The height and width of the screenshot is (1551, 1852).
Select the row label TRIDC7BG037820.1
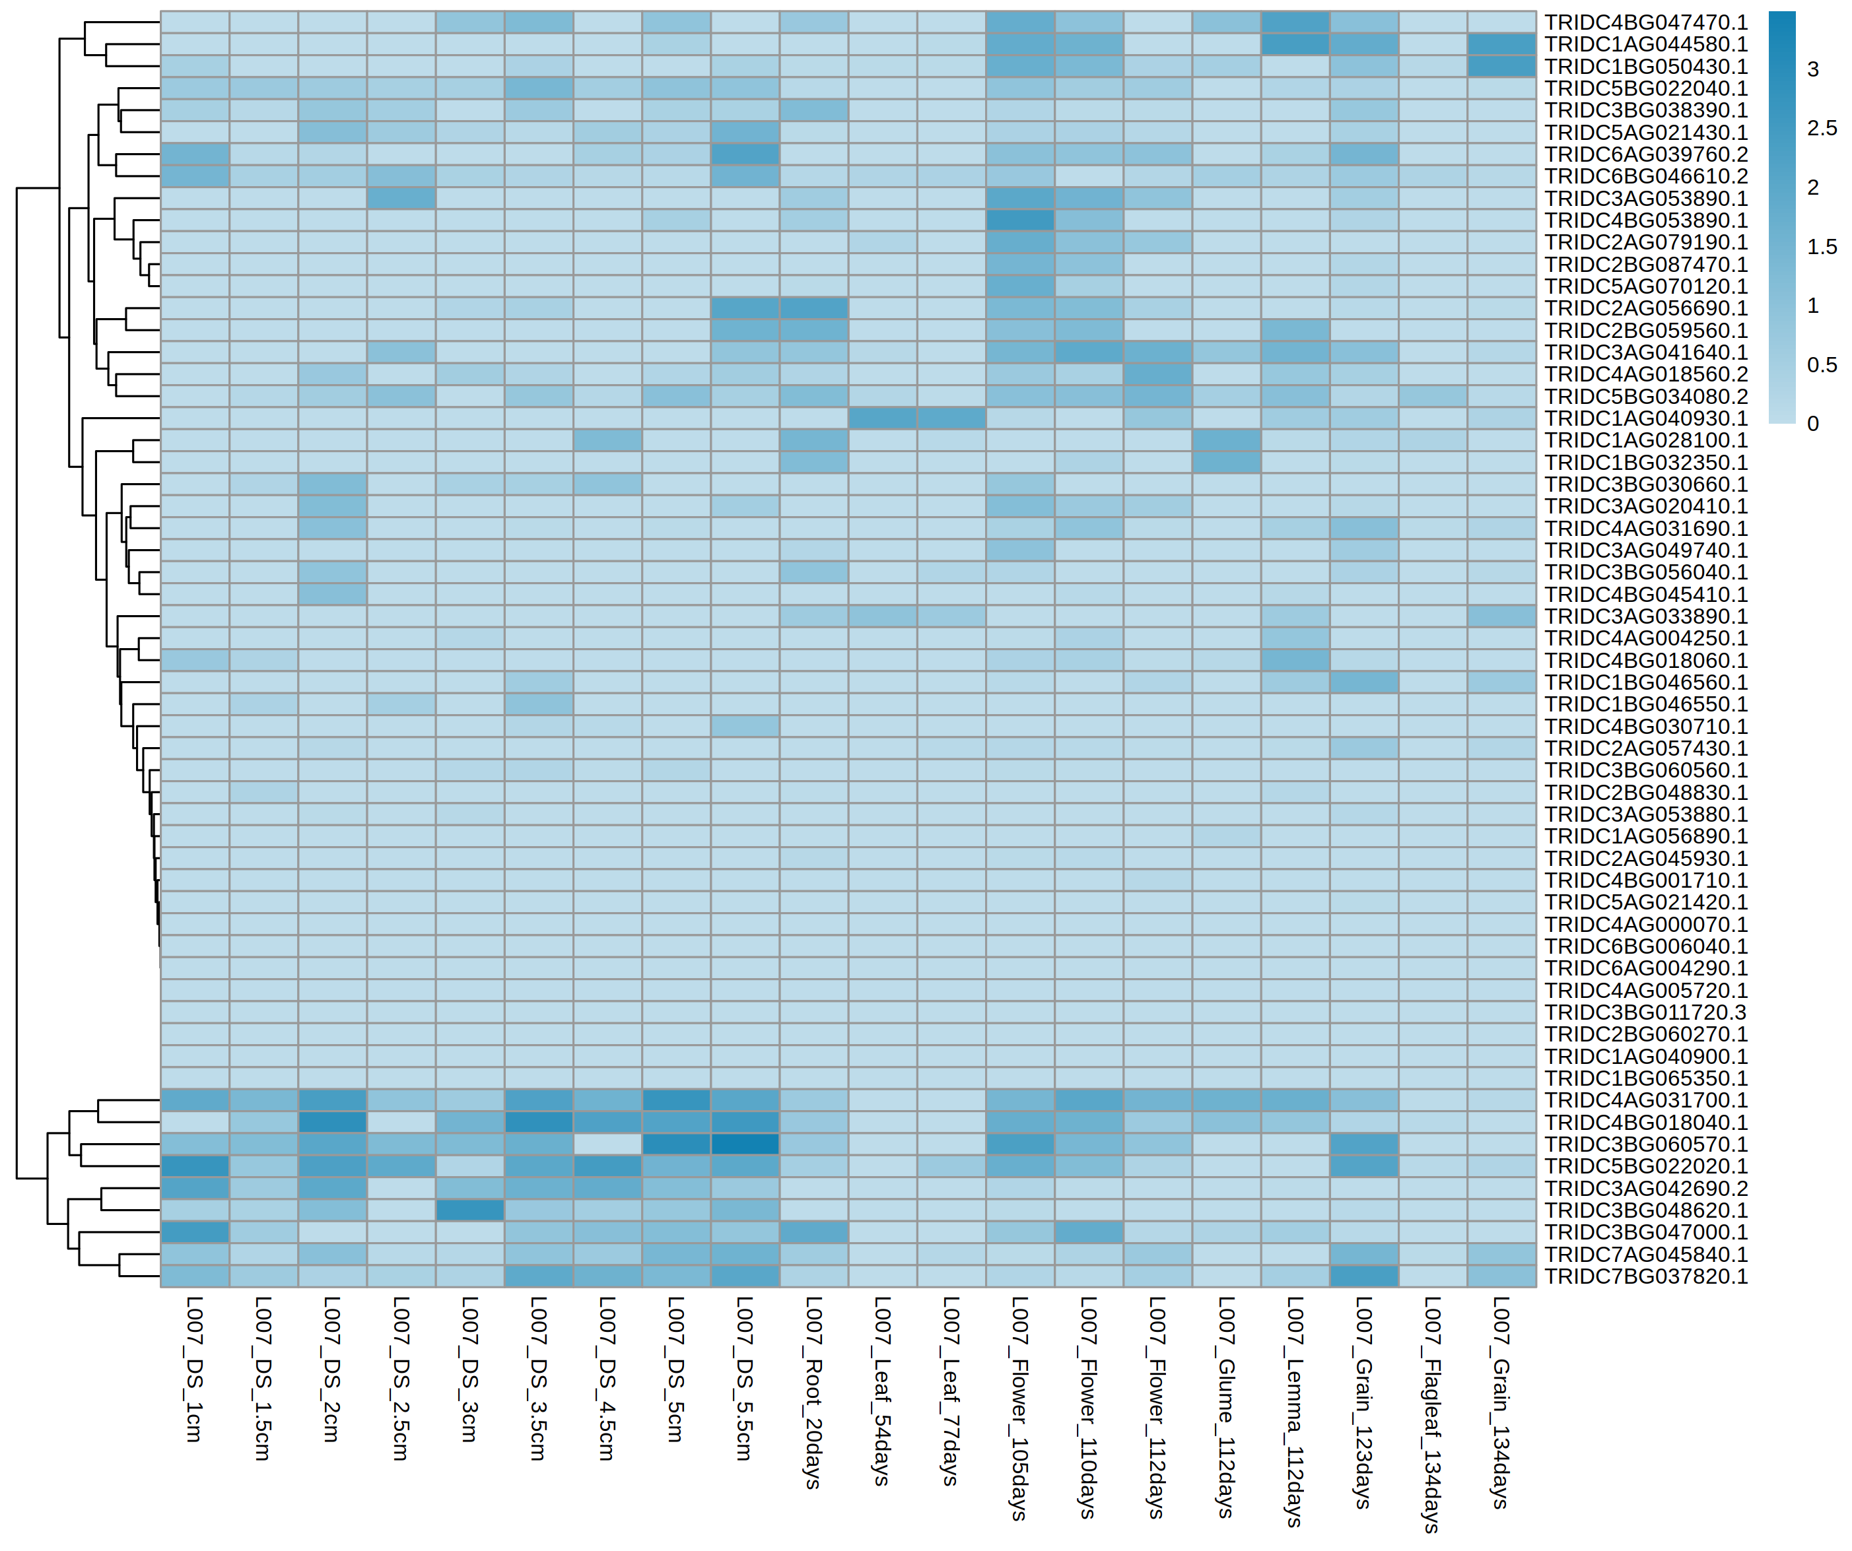pos(1645,1276)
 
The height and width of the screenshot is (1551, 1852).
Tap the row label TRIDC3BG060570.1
pos(1645,1144)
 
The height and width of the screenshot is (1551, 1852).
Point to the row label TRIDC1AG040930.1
pos(1645,418)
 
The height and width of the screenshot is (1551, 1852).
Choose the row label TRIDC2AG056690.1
pos(1645,308)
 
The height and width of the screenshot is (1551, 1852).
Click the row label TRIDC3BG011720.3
pos(1645,1012)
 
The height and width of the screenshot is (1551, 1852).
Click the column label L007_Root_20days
pos(813,1393)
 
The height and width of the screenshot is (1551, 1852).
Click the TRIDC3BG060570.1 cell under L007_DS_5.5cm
pos(744,1144)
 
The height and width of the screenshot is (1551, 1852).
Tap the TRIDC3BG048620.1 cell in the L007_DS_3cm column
pos(469,1210)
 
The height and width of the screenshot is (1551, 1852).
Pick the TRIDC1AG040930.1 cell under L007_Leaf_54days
pos(882,418)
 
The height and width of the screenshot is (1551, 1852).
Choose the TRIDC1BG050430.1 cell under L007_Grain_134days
pos(1501,66)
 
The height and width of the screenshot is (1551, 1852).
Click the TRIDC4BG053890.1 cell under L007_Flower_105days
pos(1019,220)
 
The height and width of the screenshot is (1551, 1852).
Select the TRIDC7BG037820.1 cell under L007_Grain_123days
pos(1363,1276)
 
